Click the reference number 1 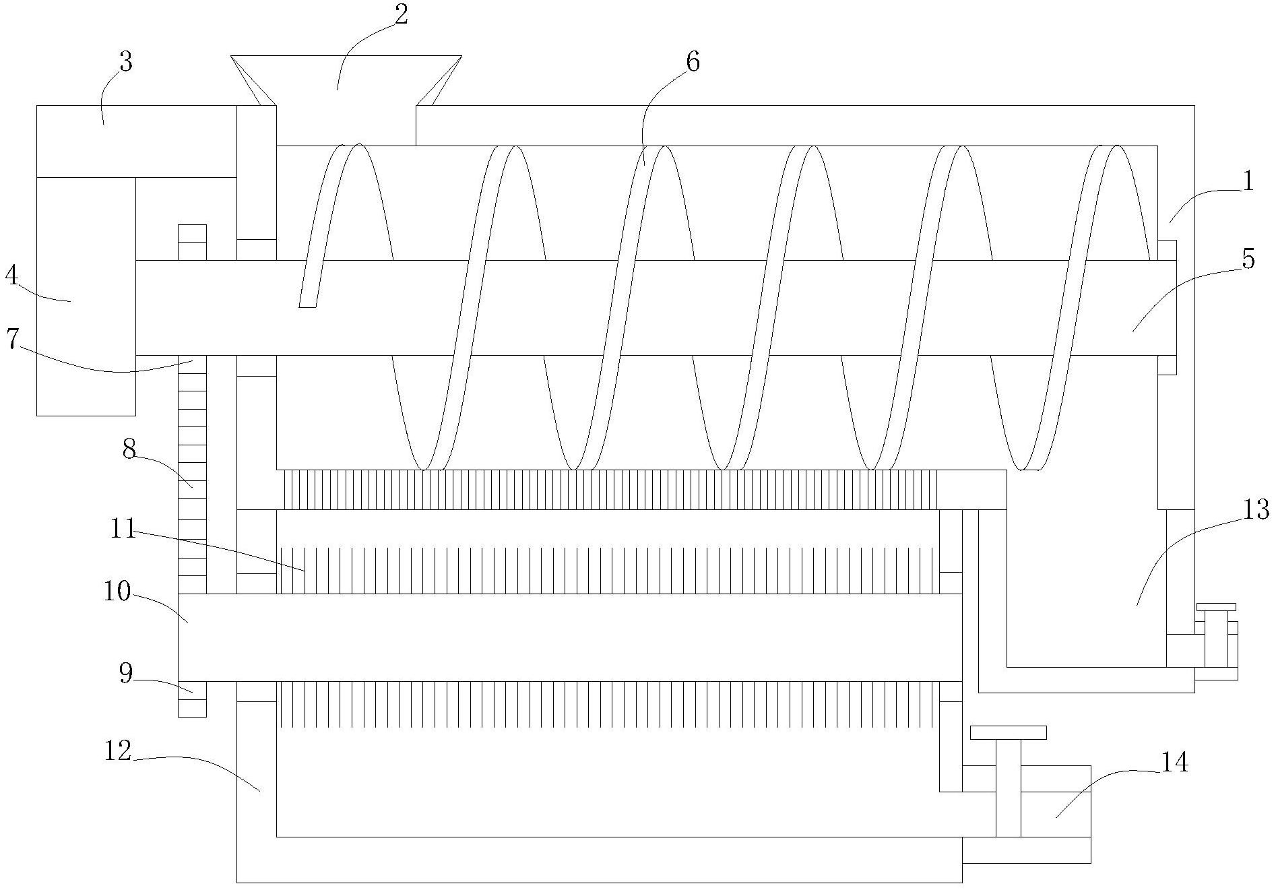[x=1248, y=182]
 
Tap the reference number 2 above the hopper [x=401, y=15]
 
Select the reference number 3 [x=125, y=62]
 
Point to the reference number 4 [x=11, y=276]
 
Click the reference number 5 [x=1248, y=259]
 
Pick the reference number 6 [x=693, y=62]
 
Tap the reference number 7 [x=11, y=339]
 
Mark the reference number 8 [x=129, y=449]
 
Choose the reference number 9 [x=127, y=673]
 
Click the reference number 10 [x=117, y=592]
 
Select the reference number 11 [x=123, y=529]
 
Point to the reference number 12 [x=118, y=751]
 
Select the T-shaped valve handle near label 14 [x=1008, y=733]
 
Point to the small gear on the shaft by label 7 [x=192, y=242]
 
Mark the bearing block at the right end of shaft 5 [x=1167, y=307]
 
